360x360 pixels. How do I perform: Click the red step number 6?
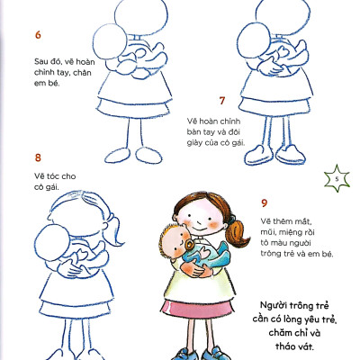38,35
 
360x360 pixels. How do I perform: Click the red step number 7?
222,101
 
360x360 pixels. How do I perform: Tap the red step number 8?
38,157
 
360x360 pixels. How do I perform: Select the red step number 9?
264,203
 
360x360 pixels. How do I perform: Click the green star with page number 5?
337,179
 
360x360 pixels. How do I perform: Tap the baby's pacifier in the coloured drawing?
190,245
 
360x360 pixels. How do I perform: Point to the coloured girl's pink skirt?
198,310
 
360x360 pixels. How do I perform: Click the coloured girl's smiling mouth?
197,229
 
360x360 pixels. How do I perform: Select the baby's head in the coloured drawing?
175,241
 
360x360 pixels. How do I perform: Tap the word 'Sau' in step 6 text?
41,62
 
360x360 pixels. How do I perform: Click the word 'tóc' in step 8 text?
55,176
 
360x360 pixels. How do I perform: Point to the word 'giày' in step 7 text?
194,143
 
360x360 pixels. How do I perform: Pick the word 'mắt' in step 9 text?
303,221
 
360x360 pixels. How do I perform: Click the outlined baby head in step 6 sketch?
110,41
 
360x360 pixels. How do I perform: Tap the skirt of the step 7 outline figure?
274,105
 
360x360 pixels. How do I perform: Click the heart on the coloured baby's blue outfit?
205,252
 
